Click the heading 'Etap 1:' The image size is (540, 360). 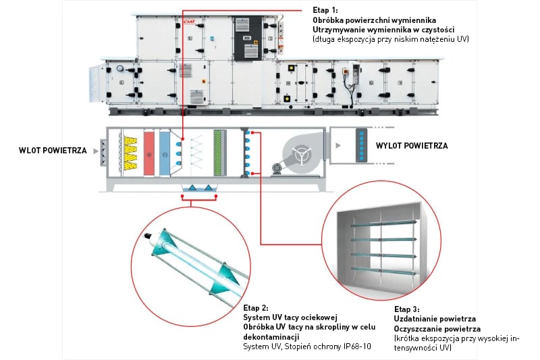tap(325, 10)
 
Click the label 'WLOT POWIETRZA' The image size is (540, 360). tap(53, 150)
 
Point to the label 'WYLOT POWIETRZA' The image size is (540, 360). tap(412, 145)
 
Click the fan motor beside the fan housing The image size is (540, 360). tap(276, 167)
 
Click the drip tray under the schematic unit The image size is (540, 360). tap(198, 187)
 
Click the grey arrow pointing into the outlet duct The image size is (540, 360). tap(335, 145)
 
